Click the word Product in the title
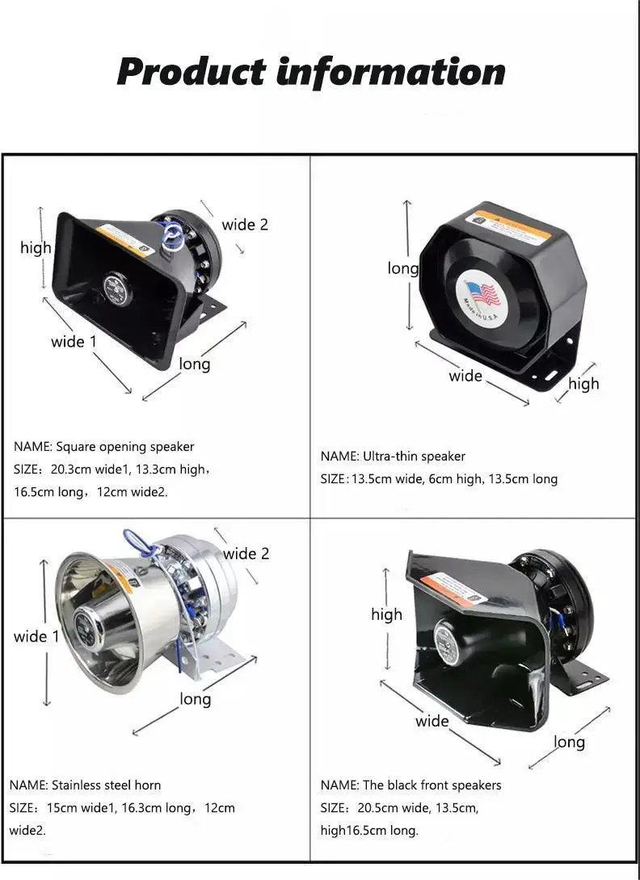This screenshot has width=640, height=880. tap(191, 71)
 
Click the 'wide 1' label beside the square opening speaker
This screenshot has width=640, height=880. tap(74, 342)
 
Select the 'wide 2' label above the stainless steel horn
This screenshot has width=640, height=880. tap(246, 554)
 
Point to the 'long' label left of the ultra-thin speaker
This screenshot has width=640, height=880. tap(402, 268)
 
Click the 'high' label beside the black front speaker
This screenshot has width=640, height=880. tap(386, 614)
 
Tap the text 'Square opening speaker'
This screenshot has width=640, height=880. tap(125, 447)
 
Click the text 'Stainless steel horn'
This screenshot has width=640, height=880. tap(106, 785)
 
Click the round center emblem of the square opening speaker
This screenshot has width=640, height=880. tap(117, 290)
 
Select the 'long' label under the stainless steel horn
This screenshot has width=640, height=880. tap(195, 699)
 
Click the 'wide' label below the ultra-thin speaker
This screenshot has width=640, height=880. tap(465, 376)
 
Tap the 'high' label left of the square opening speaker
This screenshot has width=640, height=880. tap(36, 248)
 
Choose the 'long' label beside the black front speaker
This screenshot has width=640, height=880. tap(569, 742)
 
